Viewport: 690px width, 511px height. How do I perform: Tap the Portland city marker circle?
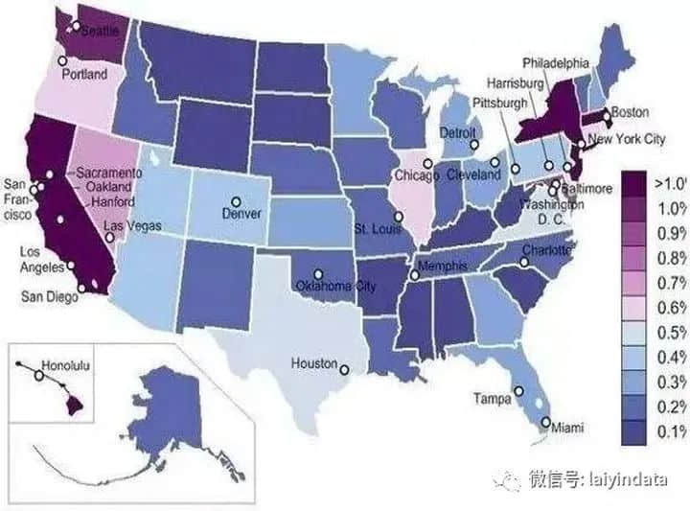63,60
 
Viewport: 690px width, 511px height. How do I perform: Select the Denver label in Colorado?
242,213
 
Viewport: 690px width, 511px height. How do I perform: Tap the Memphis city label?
441,265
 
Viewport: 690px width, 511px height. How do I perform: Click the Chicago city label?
417,176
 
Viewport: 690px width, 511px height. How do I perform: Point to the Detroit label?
458,132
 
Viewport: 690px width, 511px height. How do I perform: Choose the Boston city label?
630,112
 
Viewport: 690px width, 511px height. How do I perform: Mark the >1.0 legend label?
669,182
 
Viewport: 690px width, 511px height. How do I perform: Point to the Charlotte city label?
546,251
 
